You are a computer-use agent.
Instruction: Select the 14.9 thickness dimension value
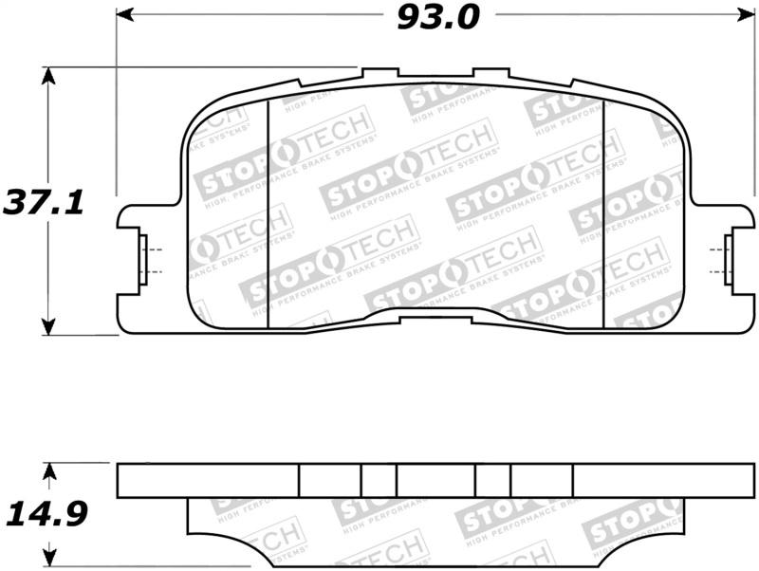point(46,515)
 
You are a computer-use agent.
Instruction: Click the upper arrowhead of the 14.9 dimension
point(51,470)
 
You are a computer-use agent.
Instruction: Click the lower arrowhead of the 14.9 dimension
point(51,555)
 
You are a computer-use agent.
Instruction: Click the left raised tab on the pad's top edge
point(379,73)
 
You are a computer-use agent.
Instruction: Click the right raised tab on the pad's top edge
point(491,73)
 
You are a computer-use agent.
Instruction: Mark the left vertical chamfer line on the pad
point(268,213)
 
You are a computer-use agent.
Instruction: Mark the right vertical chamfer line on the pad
point(603,213)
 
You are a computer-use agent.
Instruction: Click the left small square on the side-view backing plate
point(378,481)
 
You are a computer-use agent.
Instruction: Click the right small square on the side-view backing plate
point(492,481)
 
